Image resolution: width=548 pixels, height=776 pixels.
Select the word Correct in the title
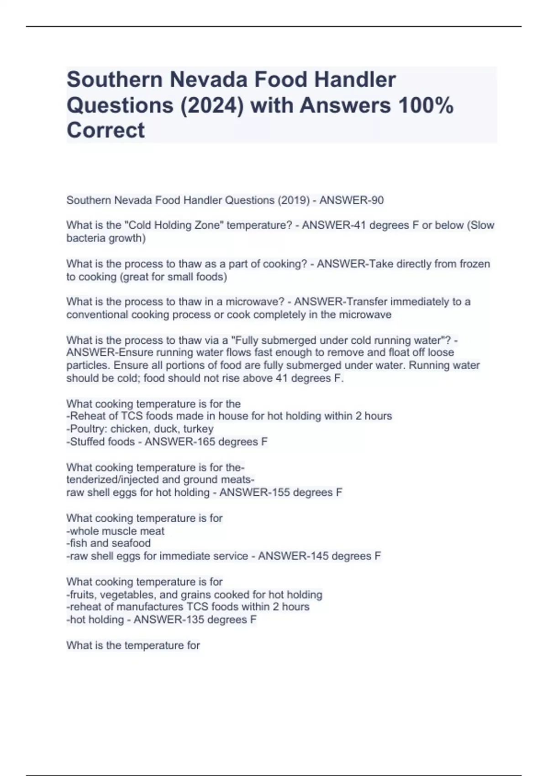tap(105, 130)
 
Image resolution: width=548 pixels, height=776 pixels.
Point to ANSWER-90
tap(351, 200)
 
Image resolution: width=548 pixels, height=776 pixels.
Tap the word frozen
tap(474, 264)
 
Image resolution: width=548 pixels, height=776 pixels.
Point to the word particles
tap(88, 366)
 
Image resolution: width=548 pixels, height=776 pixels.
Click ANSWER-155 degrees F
tap(280, 493)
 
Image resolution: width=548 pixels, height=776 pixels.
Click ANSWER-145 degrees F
tap(319, 556)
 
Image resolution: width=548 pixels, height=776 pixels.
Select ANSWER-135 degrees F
tap(195, 619)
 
